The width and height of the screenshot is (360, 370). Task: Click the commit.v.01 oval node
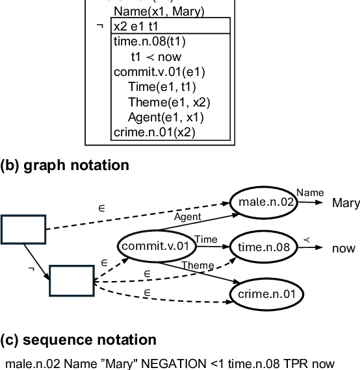pos(155,245)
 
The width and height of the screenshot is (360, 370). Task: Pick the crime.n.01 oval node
pos(266,294)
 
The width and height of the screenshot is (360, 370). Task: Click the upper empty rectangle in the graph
pos(23,229)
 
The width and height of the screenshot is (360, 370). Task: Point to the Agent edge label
pos(188,216)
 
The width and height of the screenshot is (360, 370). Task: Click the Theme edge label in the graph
pos(197,265)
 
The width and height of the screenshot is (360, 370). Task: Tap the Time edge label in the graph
pos(206,240)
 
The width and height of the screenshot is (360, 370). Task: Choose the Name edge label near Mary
pos(309,192)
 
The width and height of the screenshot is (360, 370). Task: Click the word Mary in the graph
pos(345,203)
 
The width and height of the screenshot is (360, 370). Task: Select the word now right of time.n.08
pos(343,249)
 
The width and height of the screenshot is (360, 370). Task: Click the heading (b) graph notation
pos(65,165)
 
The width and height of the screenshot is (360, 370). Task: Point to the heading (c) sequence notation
pos(78,339)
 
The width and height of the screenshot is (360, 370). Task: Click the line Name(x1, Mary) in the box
pos(159,12)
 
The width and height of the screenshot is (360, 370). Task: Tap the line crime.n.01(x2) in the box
pos(154,132)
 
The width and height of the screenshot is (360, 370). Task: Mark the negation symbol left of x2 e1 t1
pos(99,26)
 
